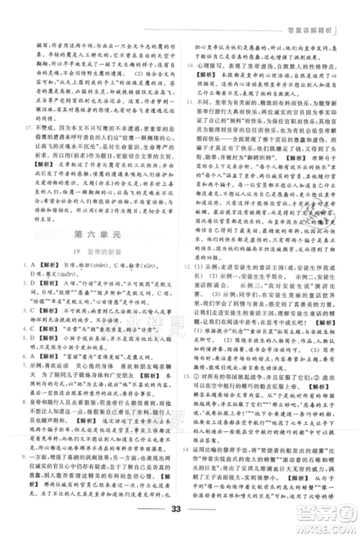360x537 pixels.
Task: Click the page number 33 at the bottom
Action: (180, 512)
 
